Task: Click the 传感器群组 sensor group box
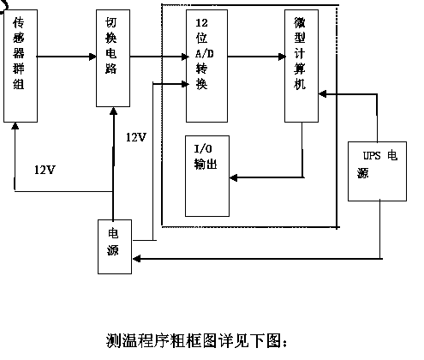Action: click(x=21, y=66)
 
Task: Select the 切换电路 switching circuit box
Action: click(x=113, y=58)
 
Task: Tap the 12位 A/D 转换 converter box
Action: click(x=206, y=66)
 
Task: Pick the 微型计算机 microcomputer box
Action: click(x=302, y=66)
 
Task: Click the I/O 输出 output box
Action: click(x=207, y=176)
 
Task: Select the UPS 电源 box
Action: click(x=377, y=171)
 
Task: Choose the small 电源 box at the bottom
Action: click(x=115, y=247)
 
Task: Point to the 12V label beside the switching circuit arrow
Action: click(x=136, y=137)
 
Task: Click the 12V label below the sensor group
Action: click(x=45, y=170)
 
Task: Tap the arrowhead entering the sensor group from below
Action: click(x=15, y=126)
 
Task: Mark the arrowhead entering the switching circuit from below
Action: click(x=114, y=111)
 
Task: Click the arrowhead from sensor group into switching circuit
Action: click(x=93, y=57)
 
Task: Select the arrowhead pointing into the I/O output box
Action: click(x=234, y=177)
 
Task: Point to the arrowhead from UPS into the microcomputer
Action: click(x=323, y=93)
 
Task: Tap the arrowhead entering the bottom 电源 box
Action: click(x=136, y=259)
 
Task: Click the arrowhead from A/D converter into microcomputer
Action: click(x=281, y=57)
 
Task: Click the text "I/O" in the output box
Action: click(x=203, y=149)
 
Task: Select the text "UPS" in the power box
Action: click(x=372, y=156)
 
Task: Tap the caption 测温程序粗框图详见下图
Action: click(x=196, y=340)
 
